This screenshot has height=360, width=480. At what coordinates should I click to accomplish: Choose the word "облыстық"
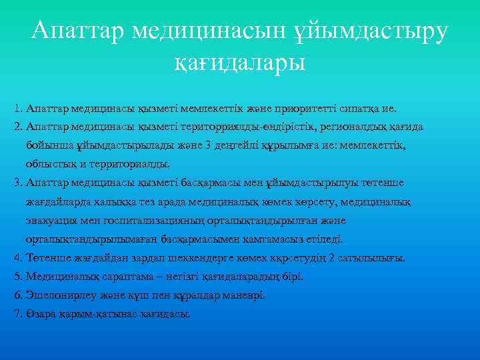coord(50,163)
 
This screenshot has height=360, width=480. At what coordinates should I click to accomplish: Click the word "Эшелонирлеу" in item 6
coord(57,295)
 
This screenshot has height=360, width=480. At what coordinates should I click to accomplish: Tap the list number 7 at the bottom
coord(17,313)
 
